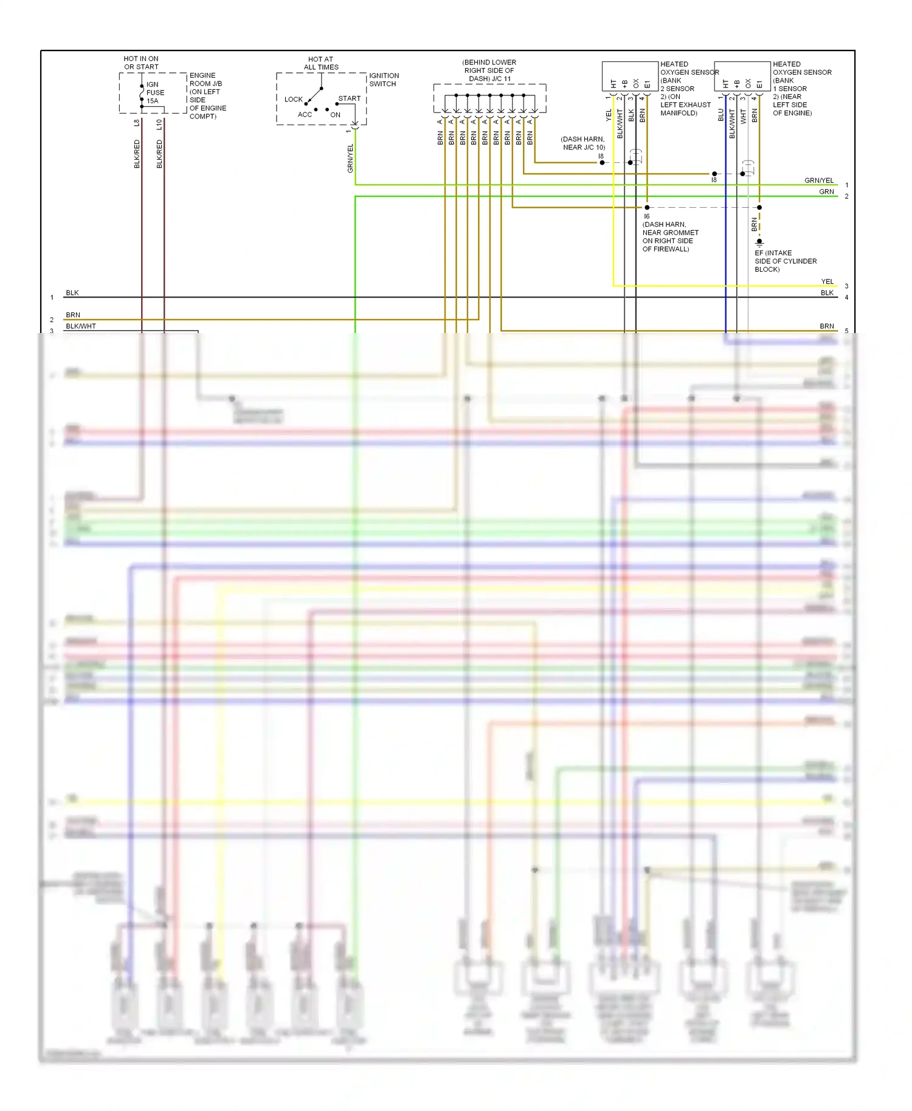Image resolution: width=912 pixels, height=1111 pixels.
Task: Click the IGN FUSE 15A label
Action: (155, 92)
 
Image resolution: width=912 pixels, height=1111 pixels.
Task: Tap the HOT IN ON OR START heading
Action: (141, 63)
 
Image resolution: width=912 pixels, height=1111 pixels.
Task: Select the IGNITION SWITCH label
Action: (384, 80)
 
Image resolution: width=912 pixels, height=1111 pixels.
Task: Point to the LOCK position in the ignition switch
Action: (293, 99)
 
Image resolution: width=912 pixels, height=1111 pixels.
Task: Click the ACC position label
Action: (305, 114)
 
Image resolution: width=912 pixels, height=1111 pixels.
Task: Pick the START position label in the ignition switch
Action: (349, 98)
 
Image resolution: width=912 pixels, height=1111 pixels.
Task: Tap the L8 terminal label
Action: (137, 123)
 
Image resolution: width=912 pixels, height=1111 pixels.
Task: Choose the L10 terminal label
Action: (159, 124)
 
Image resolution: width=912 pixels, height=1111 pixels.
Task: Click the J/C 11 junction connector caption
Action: (489, 71)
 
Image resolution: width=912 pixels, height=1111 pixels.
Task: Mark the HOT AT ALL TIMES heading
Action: (321, 63)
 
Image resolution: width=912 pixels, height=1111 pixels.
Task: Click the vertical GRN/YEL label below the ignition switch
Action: (350, 158)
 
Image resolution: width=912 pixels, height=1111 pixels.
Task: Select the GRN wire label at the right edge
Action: (826, 191)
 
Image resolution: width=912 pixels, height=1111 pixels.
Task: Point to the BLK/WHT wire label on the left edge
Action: (81, 326)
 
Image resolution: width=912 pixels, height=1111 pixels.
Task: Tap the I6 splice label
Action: (647, 216)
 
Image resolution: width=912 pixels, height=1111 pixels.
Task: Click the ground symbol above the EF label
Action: (759, 242)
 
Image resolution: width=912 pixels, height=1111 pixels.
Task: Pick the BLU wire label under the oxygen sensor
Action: (721, 115)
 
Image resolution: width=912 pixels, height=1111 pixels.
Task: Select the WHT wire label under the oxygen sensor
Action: (744, 116)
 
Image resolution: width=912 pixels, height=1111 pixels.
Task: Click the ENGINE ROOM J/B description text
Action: (208, 95)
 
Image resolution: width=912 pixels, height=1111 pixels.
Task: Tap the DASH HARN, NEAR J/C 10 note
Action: (583, 143)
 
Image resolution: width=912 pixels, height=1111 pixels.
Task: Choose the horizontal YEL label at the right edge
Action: (827, 281)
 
